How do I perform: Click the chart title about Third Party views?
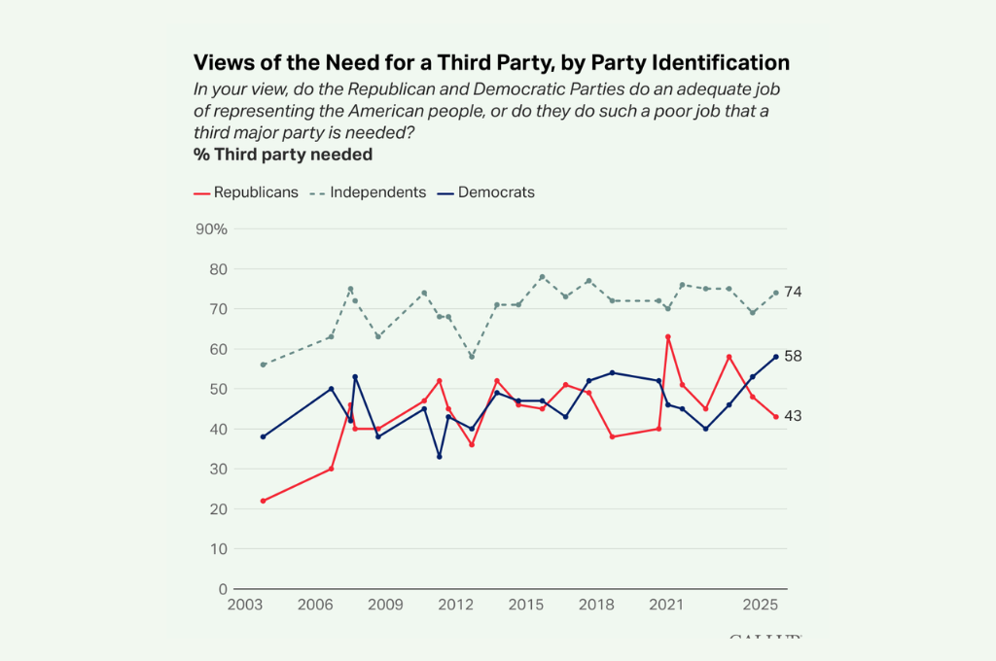491,62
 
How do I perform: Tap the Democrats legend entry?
486,192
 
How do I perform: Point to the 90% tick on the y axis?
211,229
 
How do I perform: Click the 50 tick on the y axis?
217,389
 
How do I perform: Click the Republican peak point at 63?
667,337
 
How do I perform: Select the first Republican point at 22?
263,501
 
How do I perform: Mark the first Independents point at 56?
263,365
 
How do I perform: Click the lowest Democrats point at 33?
440,457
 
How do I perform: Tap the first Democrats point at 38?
263,436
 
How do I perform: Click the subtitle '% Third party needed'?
283,154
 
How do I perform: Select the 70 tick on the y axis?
217,309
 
